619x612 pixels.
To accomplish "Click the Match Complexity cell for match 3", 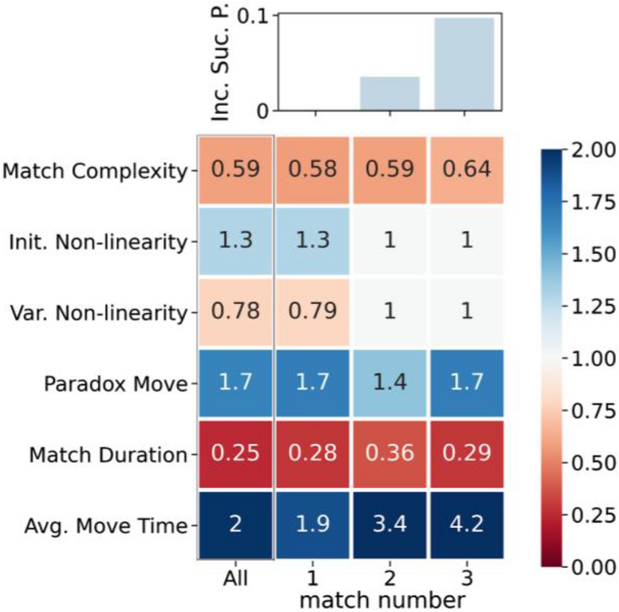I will tap(465, 169).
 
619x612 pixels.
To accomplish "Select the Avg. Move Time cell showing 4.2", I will tap(465, 525).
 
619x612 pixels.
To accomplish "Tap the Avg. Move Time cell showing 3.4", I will tap(388, 525).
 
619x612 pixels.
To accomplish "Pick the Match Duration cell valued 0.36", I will tap(388, 454).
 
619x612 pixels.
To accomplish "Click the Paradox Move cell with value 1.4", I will tap(388, 383).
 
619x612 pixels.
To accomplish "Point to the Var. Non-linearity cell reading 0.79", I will tap(312, 312).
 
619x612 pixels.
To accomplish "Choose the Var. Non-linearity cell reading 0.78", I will tap(235, 312).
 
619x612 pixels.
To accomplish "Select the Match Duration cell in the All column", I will tap(235, 454).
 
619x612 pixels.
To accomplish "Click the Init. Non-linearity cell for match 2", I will tap(388, 240).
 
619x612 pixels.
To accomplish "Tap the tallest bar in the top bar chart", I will tap(465, 64).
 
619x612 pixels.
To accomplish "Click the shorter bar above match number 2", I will tap(389, 94).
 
